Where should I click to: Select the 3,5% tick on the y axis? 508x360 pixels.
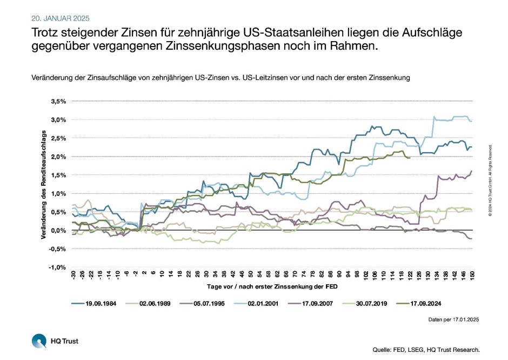pos(58,101)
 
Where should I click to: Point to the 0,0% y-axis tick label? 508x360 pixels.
pos(58,231)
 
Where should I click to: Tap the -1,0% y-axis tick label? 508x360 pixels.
pos(58,267)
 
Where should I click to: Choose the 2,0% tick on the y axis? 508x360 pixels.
pos(58,157)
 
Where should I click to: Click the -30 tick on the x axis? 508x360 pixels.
pos(73,276)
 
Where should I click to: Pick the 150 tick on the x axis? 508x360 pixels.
pos(472,276)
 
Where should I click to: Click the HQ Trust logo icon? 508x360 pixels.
pos(39,341)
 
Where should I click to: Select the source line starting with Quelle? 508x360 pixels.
pos(426,350)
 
